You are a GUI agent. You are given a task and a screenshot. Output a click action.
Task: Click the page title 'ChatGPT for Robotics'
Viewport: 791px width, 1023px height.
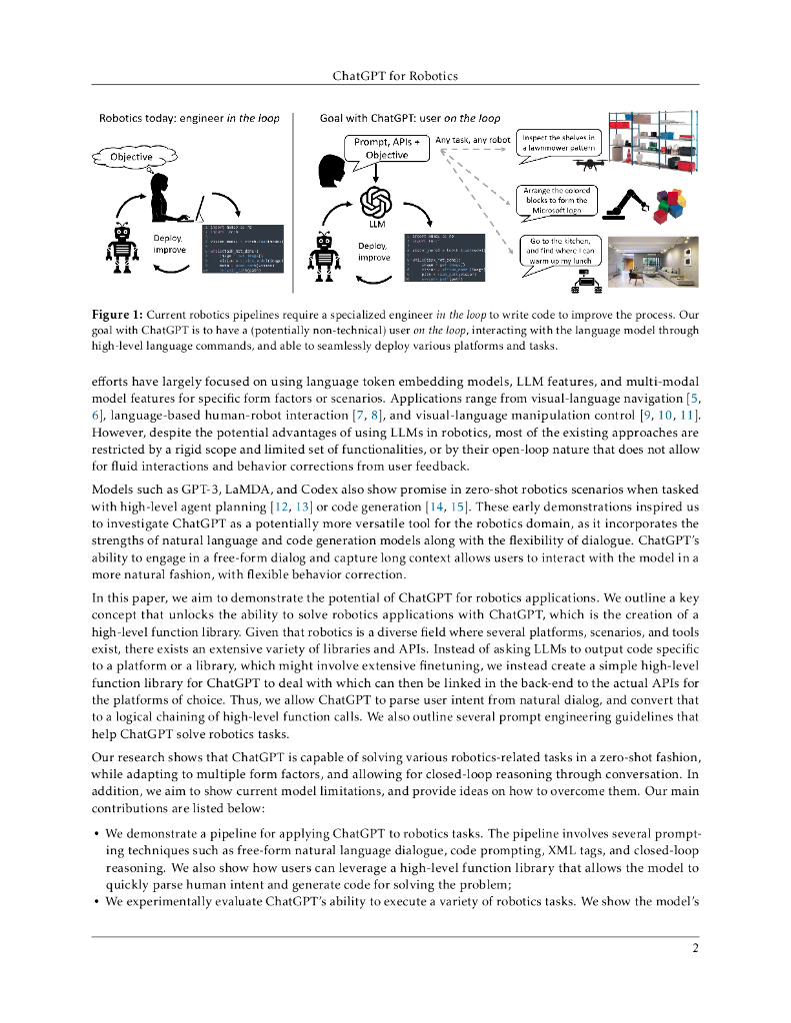[x=395, y=75]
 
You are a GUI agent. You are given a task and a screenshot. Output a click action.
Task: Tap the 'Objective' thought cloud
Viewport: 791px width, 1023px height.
[x=131, y=157]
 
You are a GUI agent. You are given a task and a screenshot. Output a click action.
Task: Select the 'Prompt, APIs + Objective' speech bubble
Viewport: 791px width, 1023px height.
[x=386, y=149]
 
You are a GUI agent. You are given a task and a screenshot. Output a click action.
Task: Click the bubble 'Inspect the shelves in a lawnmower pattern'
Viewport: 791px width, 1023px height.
[x=559, y=142]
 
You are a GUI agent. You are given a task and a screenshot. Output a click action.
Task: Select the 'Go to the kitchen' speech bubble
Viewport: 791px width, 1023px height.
[x=561, y=253]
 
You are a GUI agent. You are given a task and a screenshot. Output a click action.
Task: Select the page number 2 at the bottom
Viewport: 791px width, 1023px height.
[x=694, y=949]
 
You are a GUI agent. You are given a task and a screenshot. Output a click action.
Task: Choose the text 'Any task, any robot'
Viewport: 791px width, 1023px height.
[x=473, y=140]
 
